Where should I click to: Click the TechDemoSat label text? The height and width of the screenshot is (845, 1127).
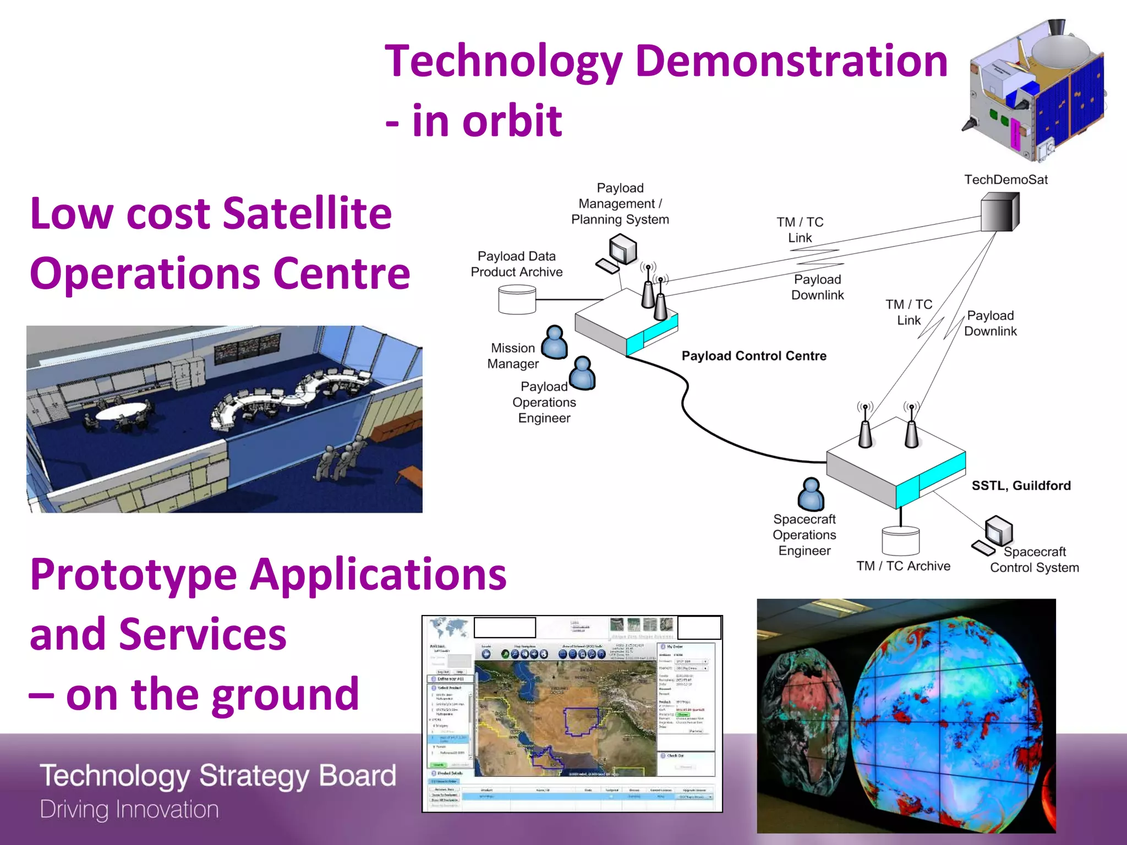(1005, 179)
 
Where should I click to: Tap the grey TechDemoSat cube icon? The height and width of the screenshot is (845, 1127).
(999, 212)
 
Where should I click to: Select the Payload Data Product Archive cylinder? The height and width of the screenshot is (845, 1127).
(517, 299)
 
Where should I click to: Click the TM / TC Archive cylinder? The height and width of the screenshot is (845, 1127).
(900, 540)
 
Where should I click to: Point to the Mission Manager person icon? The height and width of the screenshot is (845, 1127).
(554, 342)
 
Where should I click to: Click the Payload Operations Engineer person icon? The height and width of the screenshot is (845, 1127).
(582, 374)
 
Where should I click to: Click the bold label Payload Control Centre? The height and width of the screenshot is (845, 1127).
(753, 356)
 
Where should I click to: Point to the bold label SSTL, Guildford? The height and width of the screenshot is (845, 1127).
(1021, 485)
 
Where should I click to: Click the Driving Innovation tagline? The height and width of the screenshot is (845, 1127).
(129, 809)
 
